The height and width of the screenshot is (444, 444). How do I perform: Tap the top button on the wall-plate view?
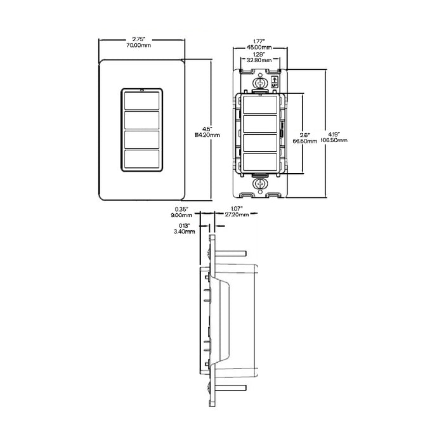141,102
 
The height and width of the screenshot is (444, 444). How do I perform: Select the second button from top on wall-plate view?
141,121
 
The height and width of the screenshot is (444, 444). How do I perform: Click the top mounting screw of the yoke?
260,83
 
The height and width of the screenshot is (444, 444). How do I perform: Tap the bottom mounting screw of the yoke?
260,185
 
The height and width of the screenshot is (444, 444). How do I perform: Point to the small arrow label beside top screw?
275,82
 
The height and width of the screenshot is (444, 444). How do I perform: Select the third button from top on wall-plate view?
141,140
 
